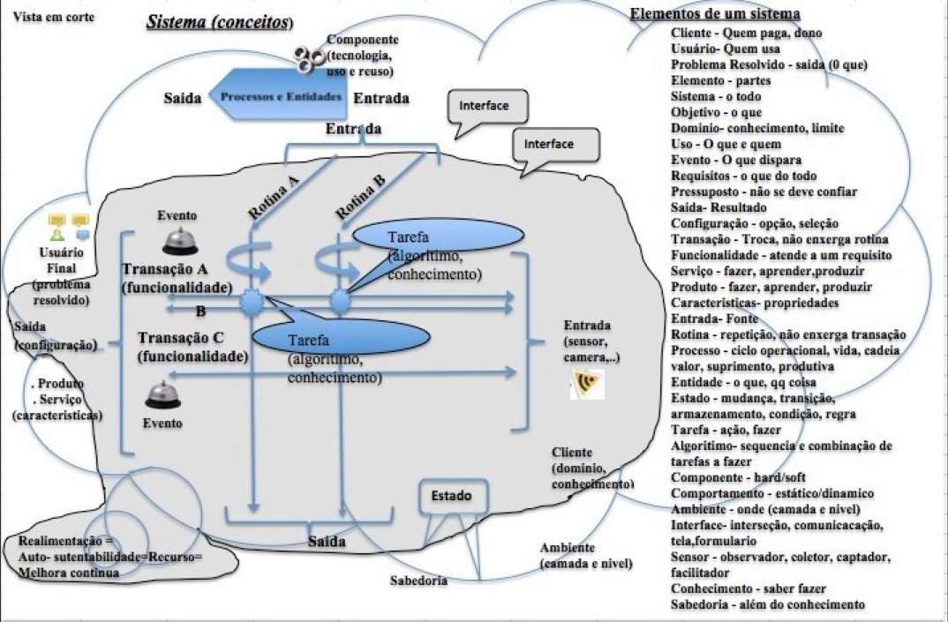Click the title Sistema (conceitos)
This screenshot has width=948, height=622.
[220, 21]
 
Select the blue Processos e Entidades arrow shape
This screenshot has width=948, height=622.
[275, 96]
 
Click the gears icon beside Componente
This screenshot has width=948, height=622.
[309, 58]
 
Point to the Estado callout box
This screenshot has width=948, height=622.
[452, 496]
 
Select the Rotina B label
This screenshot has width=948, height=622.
[360, 195]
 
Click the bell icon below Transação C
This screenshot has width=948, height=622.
[163, 394]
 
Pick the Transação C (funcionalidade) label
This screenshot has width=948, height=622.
[192, 348]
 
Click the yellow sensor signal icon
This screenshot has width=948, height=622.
[587, 383]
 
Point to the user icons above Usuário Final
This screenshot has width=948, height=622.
[69, 227]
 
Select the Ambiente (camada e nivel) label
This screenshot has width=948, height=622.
[586, 555]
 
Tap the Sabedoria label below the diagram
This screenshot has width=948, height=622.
[418, 581]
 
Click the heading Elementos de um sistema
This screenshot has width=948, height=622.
[715, 13]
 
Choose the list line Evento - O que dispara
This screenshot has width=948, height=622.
[735, 160]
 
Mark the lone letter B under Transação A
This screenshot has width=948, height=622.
[199, 311]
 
